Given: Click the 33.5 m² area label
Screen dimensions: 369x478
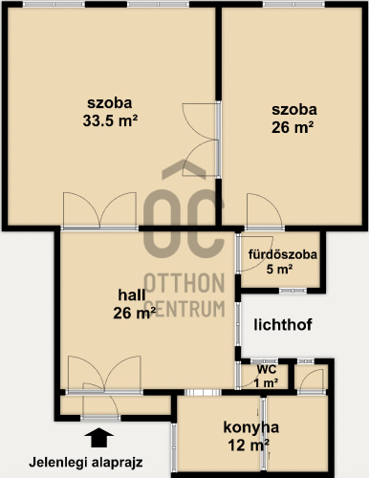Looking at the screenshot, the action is coord(110,120).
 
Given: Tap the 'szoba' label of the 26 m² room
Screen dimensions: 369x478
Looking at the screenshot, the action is coord(294,110).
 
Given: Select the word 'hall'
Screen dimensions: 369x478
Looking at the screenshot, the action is coord(132,294).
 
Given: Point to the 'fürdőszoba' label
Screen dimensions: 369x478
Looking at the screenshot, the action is coord(283,254).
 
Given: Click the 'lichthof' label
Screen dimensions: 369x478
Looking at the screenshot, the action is coord(283,325).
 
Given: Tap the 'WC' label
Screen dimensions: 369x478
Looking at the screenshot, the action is coord(267,370).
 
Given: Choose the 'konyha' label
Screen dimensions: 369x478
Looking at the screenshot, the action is coord(251,427).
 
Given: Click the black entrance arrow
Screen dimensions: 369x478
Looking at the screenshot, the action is coord(99,437).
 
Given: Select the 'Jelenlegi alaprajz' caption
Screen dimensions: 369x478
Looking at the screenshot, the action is coord(86,463).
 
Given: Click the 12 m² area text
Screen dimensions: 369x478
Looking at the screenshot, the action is coord(249,445).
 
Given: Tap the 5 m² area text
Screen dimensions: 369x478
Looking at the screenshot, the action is coord(279,270).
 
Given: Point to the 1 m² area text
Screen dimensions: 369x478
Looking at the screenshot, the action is coord(267,382).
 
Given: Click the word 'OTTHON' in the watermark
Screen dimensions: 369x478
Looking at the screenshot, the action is coord(184,283).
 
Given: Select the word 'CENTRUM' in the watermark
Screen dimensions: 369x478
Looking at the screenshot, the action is coord(186,309).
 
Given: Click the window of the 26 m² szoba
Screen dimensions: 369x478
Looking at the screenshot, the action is coord(293,4).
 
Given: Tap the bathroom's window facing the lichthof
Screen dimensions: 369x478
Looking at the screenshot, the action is coord(293,291).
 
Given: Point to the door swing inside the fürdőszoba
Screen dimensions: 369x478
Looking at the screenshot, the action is coord(255,253).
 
